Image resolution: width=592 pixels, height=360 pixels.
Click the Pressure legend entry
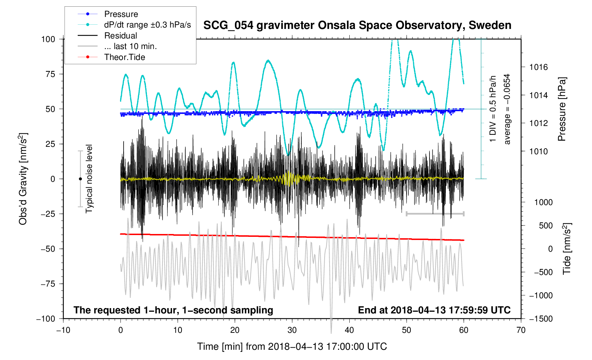(121, 14)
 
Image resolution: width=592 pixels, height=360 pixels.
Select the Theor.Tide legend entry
(124, 57)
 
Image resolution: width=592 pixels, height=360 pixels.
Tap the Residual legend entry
(120, 36)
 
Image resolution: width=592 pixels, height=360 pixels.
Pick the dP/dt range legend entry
(147, 25)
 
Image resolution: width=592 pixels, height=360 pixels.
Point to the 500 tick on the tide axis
(546, 226)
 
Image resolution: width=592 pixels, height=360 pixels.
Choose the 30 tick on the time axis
(292, 330)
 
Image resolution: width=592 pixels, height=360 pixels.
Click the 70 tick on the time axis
(521, 330)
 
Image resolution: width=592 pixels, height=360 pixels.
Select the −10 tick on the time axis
(63, 330)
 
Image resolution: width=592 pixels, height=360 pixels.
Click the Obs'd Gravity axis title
(23, 179)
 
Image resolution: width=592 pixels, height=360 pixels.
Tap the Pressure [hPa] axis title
(562, 109)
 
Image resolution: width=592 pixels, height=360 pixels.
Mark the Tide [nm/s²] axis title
(567, 249)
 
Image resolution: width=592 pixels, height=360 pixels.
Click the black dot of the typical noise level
(80, 179)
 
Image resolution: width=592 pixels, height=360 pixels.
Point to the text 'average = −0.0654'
(507, 109)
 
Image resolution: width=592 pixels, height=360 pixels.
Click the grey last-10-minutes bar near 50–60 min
(435, 214)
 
